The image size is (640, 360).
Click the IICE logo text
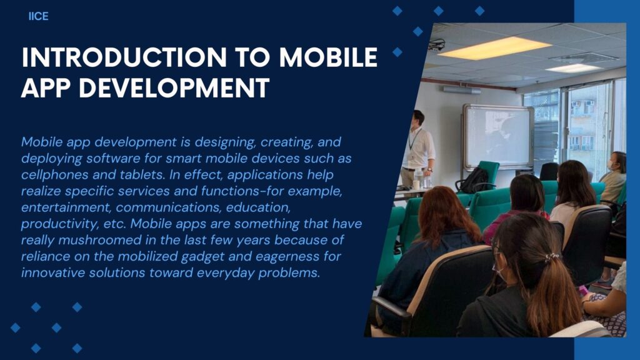(38, 16)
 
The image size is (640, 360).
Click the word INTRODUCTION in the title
(124, 57)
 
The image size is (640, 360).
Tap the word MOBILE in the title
(328, 57)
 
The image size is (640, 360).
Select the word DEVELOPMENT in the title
(174, 87)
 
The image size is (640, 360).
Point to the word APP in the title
(45, 87)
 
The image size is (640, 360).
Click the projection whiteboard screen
(498, 137)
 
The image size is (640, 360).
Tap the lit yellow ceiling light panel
(494, 48)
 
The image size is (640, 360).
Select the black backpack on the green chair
(473, 180)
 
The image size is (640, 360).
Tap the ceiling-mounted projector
(437, 44)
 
